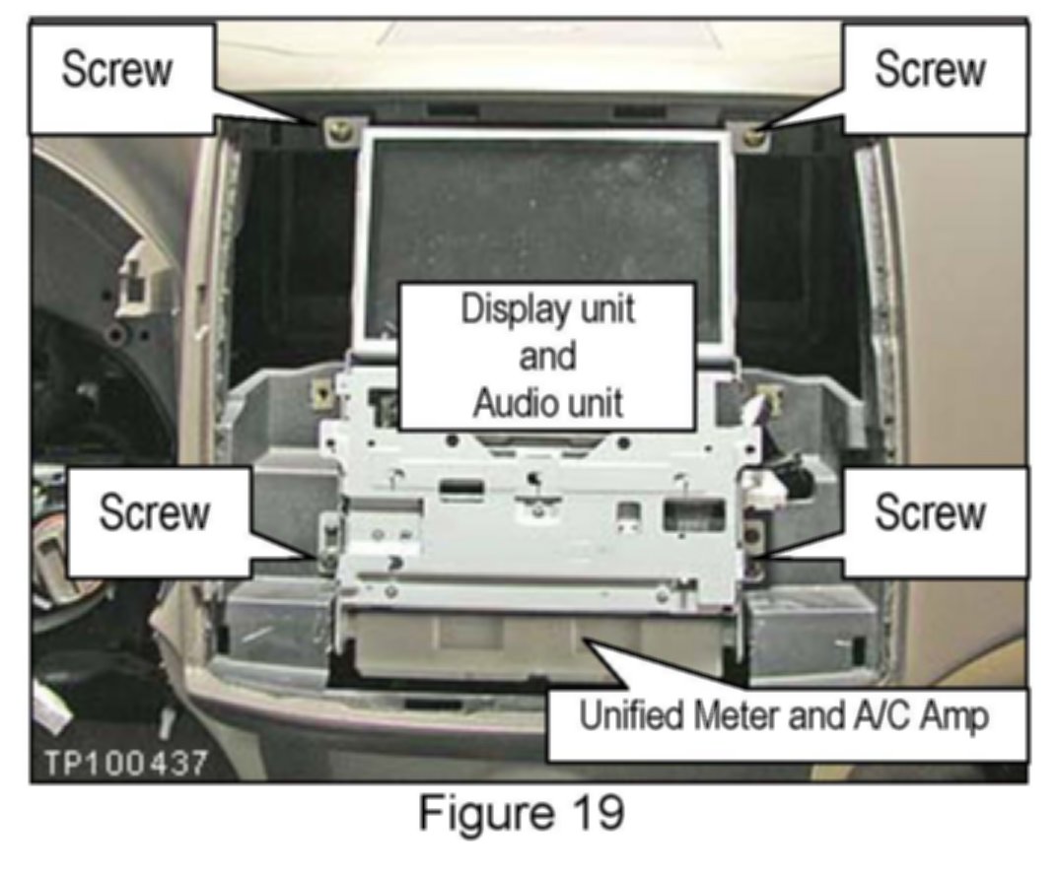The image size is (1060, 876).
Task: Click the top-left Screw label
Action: point(117,71)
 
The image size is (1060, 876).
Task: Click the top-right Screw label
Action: point(930,71)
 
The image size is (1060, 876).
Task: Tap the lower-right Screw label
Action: point(930,512)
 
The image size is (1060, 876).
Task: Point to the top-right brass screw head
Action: point(753,136)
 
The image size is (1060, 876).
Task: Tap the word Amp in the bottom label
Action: point(954,716)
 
